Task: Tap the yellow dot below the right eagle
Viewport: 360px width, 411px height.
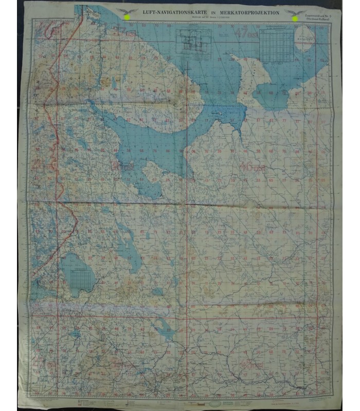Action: pos(295,19)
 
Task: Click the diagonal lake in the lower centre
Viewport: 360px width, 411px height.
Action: pos(165,326)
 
